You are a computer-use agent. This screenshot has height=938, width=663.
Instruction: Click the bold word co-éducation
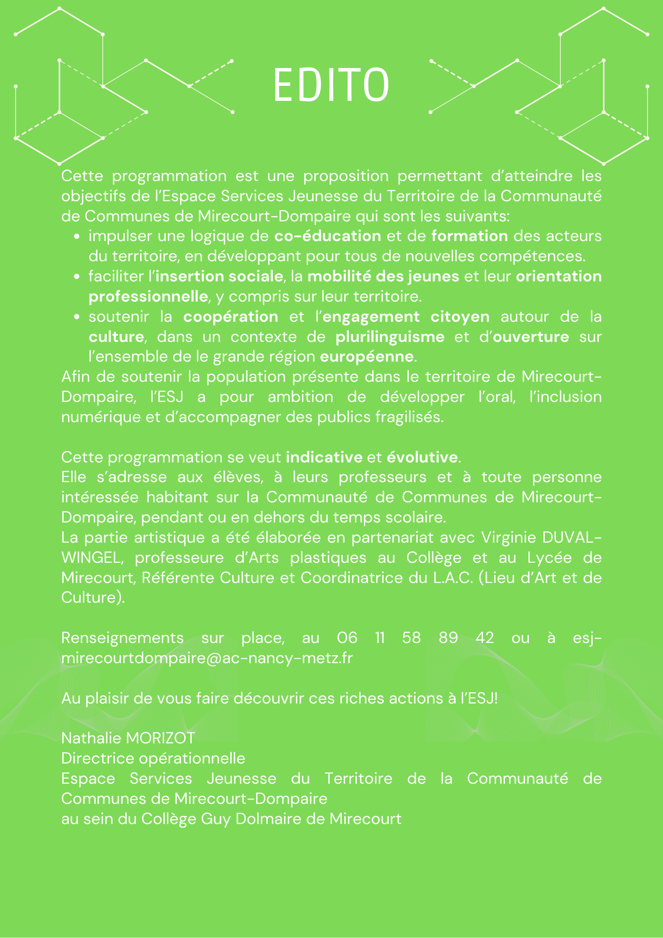327,236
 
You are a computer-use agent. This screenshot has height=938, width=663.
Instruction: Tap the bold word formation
469,236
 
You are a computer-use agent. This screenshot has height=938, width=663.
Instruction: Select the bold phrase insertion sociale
219,276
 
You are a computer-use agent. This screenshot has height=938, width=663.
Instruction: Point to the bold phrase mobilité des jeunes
383,276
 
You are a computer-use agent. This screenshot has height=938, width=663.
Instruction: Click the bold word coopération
231,317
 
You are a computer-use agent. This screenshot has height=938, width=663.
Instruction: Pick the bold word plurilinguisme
390,337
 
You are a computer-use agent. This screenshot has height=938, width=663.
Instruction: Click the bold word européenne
367,357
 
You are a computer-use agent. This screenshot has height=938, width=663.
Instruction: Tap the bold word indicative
324,457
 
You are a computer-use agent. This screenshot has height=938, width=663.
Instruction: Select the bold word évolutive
422,457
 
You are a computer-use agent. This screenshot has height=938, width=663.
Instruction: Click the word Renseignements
122,638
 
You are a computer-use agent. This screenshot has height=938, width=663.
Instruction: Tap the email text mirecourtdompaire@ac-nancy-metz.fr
207,658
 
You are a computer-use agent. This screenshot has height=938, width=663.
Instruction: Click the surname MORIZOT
160,738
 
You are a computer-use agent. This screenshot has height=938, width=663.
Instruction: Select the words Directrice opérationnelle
153,758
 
